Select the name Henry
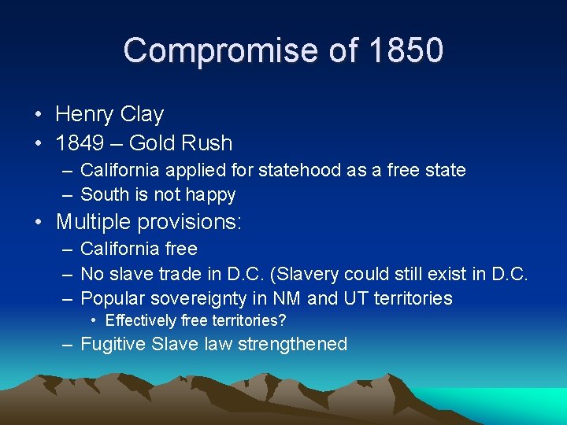[x=84, y=115]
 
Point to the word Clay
[x=142, y=115]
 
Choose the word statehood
[x=295, y=170]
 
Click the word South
[x=105, y=194]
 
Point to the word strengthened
[x=291, y=344]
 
